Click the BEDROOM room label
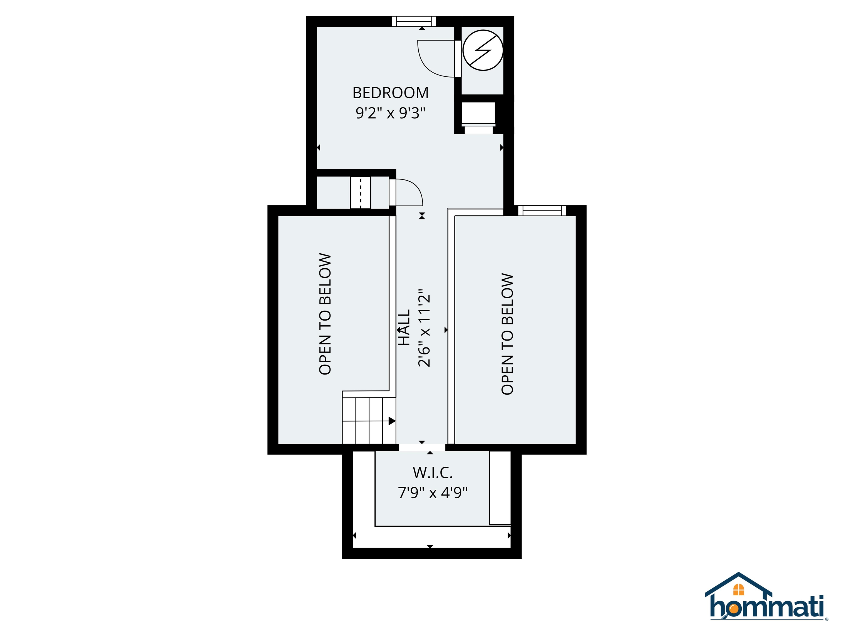coord(390,93)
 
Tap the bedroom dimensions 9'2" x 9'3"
coord(390,113)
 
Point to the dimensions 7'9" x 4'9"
coord(432,492)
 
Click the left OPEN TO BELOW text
coord(325,314)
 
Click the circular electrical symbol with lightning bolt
coord(483,50)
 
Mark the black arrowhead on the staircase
coord(391,421)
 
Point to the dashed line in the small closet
coord(361,192)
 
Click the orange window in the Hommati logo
coord(739,589)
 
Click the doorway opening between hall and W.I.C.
coord(422,447)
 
